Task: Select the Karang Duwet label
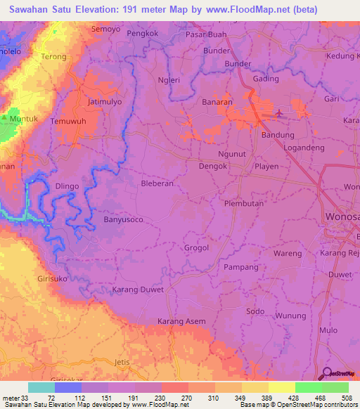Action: point(138,290)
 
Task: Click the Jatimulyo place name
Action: point(105,101)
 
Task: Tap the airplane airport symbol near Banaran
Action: point(280,112)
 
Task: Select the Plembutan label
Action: point(243,204)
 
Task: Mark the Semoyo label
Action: point(106,30)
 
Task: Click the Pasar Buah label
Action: point(206,34)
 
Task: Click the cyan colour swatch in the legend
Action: point(41,387)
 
